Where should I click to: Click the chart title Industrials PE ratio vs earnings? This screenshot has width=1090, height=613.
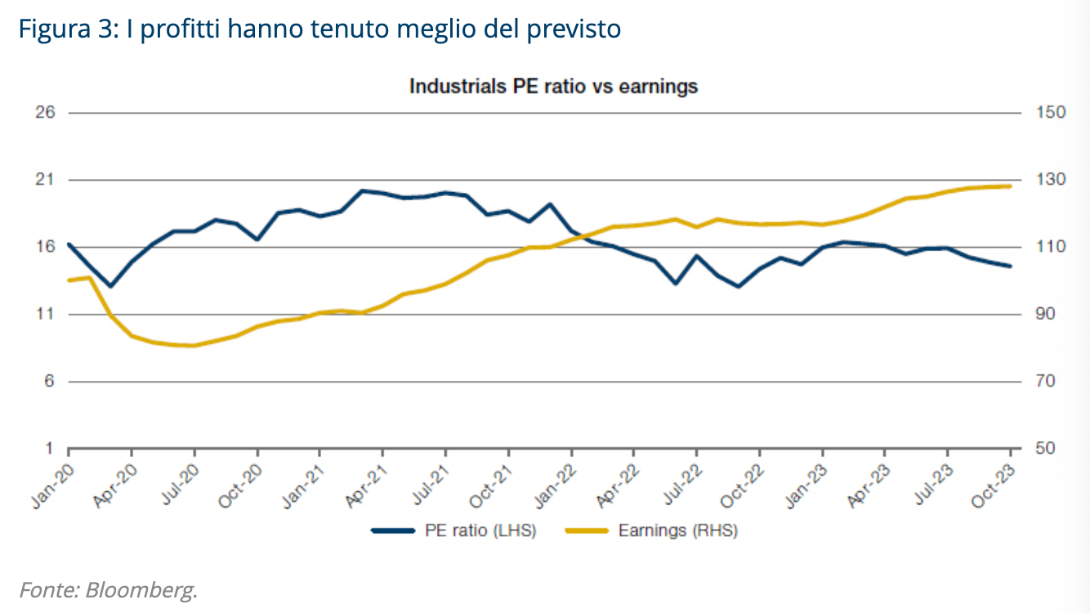point(553,86)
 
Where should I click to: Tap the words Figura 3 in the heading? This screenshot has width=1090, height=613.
point(67,29)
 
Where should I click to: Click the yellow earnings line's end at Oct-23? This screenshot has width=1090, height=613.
point(1010,186)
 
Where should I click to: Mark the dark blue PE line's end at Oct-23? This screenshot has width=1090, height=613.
point(1010,266)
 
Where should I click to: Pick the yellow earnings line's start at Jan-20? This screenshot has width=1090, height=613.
point(69,280)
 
